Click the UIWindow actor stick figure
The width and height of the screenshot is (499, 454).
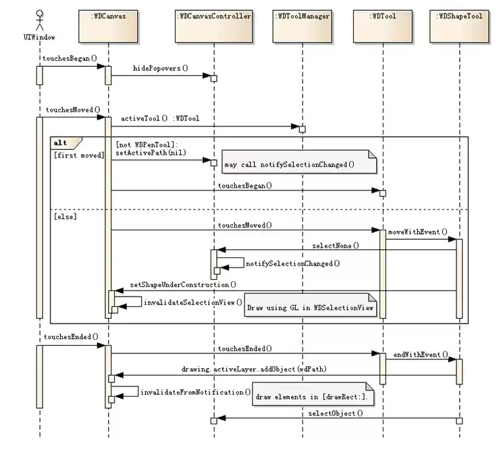40,20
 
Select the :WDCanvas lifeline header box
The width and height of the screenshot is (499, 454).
108,26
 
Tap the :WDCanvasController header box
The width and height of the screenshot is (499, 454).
214,26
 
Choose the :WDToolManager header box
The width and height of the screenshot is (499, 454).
303,26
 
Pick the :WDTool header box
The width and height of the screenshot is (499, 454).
383,26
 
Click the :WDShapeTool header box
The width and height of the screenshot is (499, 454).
459,26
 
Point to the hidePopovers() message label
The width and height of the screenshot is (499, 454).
161,68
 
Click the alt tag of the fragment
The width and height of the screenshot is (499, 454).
61,143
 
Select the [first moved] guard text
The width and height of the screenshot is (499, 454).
79,155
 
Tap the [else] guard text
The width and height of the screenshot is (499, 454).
65,217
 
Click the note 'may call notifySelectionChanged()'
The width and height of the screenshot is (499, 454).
299,161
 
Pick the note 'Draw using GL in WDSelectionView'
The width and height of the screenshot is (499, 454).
311,305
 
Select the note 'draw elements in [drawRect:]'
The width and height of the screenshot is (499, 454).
313,394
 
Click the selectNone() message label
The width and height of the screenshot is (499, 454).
336,245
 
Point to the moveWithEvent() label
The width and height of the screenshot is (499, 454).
418,232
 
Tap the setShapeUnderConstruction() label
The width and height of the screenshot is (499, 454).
183,284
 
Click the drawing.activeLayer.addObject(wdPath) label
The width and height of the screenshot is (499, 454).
255,369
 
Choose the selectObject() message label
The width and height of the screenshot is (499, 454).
336,413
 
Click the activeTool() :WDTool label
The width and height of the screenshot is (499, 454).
160,118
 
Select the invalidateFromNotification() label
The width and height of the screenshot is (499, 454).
195,393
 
